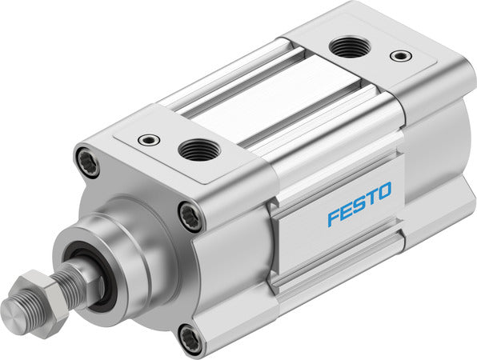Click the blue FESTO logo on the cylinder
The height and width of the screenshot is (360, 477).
click(359, 205)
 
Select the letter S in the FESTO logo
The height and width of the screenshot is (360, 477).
click(359, 205)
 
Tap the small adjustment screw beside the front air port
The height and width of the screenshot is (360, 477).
click(149, 140)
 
